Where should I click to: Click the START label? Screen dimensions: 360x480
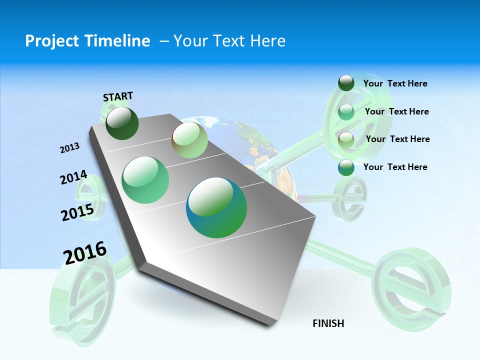click(x=118, y=96)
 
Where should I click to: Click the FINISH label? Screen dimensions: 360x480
click(x=328, y=323)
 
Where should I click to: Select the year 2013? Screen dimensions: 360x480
click(x=70, y=148)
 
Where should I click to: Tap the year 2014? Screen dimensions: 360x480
click(x=74, y=177)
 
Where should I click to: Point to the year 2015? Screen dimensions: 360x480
click(x=77, y=212)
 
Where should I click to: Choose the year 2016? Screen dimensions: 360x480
click(x=85, y=252)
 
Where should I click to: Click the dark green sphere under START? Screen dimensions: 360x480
click(x=122, y=123)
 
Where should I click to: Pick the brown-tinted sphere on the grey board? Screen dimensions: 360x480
click(x=189, y=140)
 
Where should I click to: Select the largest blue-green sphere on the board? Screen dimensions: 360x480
click(x=216, y=207)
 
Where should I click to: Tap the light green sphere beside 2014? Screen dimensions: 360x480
click(x=145, y=180)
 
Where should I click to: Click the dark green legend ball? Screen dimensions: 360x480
click(x=346, y=83)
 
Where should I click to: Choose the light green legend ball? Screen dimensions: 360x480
click(x=346, y=112)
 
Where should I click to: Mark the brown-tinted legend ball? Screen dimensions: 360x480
click(x=346, y=140)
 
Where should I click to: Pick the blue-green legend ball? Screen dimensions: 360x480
click(x=346, y=167)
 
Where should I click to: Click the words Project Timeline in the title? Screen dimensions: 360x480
click(x=87, y=41)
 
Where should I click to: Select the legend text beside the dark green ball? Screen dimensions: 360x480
click(x=395, y=83)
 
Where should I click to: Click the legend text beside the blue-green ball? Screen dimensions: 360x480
click(x=395, y=167)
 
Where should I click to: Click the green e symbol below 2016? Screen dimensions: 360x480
click(x=82, y=300)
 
